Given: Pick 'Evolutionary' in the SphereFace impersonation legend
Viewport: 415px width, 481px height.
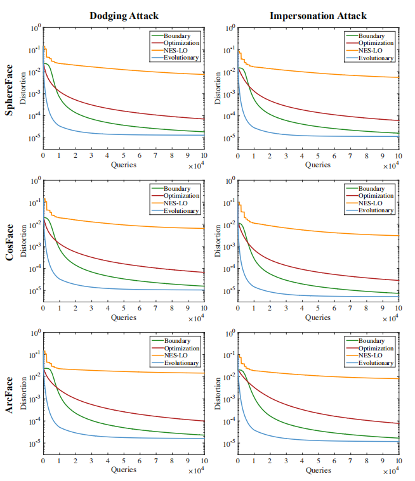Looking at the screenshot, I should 376,58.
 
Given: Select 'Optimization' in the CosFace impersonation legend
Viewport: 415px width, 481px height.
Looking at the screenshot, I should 376,196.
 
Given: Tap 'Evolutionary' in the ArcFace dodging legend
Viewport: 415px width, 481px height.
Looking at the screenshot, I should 181,363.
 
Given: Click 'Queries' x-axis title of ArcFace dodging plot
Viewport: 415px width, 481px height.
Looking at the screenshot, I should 124,470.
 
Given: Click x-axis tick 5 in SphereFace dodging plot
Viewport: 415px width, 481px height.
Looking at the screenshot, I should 124,156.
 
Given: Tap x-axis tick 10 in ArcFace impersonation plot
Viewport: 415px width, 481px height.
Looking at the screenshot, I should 399,461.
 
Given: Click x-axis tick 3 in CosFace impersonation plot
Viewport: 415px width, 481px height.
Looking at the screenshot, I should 286,309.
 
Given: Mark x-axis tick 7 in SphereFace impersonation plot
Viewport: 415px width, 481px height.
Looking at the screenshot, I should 350,156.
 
